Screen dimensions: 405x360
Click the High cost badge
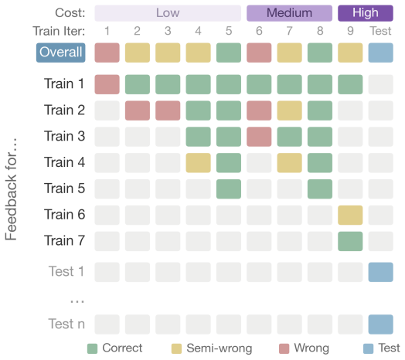coord(366,13)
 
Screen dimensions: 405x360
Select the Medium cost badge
coord(289,13)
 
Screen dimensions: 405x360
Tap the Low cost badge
coord(168,13)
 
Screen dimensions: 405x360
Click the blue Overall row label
coord(61,53)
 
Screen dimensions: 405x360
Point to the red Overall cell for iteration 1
coord(107,53)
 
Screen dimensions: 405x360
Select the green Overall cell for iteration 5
coord(229,53)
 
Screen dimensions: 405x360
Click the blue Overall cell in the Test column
coord(381,53)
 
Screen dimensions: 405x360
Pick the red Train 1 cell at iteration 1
coord(107,84)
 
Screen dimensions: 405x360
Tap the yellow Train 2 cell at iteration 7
coord(289,110)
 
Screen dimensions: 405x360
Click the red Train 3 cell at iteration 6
coord(259,137)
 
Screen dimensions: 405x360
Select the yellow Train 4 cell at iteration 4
coord(198,163)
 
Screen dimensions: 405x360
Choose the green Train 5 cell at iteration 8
coord(320,189)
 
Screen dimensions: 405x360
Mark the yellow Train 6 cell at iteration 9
coord(350,215)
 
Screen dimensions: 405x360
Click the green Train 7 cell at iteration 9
coord(350,242)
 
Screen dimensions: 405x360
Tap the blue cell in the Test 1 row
coord(381,272)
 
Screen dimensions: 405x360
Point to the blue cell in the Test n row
coord(381,324)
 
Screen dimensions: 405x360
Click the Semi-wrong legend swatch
coord(176,348)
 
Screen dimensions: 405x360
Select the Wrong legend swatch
coord(284,348)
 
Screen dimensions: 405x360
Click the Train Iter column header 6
coord(259,31)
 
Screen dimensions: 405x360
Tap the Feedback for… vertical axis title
coord(11,189)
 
